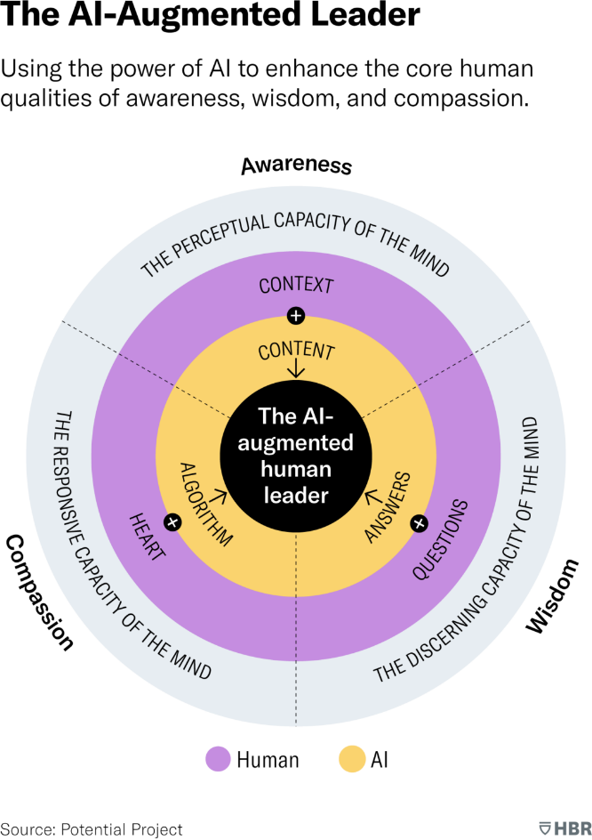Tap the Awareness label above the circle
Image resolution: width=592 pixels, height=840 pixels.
(296, 166)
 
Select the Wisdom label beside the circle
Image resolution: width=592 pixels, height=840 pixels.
(552, 598)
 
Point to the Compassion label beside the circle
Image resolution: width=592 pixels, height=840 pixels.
(39, 593)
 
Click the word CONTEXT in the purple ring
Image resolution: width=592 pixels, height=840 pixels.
(296, 287)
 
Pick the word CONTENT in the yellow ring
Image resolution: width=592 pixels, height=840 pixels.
(296, 351)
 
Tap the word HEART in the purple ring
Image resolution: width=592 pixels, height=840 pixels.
(148, 536)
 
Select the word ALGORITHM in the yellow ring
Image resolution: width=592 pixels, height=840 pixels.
(205, 504)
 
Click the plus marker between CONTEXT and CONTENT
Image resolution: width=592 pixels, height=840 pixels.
(296, 316)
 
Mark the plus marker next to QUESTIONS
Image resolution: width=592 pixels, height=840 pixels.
(419, 523)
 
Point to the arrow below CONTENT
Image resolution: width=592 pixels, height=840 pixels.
(296, 370)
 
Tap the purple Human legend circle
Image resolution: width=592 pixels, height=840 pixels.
(218, 759)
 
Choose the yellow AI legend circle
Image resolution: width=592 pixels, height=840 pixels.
(353, 759)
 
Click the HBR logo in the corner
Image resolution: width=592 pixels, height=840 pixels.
(563, 828)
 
